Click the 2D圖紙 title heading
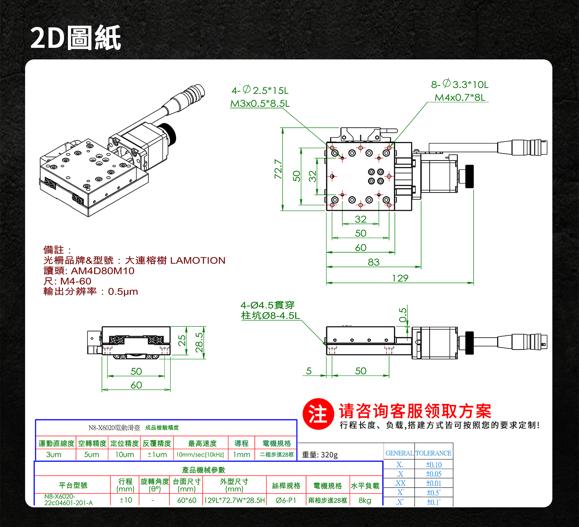click(x=76, y=38)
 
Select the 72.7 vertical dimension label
click(x=278, y=169)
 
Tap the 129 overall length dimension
click(x=400, y=278)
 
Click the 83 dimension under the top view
click(x=373, y=262)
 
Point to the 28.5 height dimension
click(x=199, y=342)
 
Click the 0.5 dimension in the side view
click(x=403, y=315)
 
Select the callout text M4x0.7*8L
click(x=460, y=97)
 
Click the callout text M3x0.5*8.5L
click(x=260, y=103)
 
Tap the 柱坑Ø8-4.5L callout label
click(x=270, y=316)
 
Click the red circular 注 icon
click(x=318, y=414)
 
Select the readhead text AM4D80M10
click(x=103, y=271)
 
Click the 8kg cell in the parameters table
click(x=365, y=500)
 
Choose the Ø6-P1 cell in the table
click(x=286, y=500)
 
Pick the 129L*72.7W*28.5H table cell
click(x=234, y=500)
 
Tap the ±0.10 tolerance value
click(x=433, y=465)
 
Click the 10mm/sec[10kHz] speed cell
click(x=200, y=455)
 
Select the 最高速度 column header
click(x=202, y=444)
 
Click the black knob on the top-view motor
click(x=469, y=176)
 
